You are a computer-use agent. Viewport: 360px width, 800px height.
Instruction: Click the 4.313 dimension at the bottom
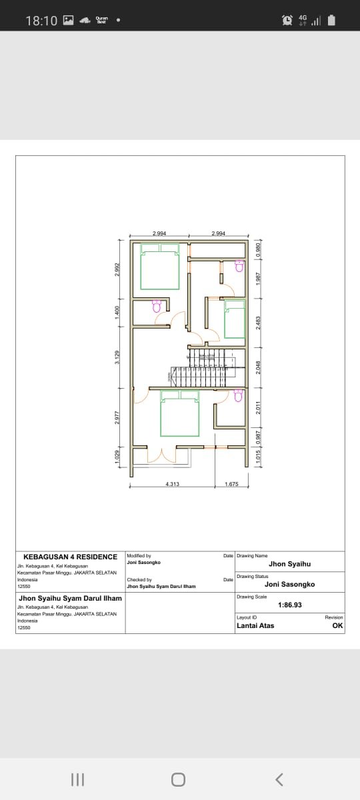[172, 484]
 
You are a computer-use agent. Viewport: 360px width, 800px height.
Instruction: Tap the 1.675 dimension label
[232, 484]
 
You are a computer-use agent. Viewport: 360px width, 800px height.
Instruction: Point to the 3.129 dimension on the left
[117, 357]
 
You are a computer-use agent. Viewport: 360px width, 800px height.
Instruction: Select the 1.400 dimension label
[117, 311]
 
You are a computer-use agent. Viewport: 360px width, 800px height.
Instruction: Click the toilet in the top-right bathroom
[239, 266]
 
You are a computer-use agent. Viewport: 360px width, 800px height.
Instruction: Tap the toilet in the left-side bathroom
[157, 306]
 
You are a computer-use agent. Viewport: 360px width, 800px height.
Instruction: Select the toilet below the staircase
[239, 395]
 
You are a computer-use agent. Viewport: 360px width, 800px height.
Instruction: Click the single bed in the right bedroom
[235, 319]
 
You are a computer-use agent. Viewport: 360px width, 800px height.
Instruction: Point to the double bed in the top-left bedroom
[160, 267]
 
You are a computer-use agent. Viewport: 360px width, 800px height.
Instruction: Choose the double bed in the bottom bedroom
[180, 414]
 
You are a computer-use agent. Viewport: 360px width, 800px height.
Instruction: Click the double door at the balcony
[161, 455]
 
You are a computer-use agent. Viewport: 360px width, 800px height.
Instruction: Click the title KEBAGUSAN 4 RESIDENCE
[70, 557]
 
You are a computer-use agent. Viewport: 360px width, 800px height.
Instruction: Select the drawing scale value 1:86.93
[289, 605]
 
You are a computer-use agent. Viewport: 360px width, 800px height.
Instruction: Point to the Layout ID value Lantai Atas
[255, 625]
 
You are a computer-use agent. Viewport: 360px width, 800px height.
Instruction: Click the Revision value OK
[337, 625]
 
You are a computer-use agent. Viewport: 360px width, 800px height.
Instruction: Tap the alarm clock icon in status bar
[287, 21]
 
